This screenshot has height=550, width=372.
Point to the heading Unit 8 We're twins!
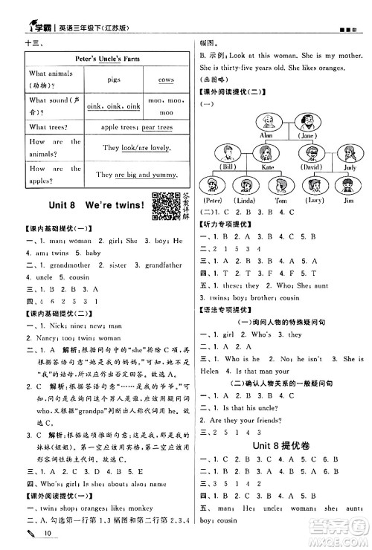81,207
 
